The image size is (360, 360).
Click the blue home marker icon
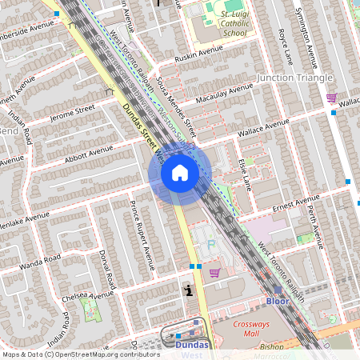pyautogui.click(x=180, y=173)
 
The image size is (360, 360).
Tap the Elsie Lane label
pyautogui.click(x=242, y=173)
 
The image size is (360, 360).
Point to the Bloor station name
pyautogui.click(x=277, y=302)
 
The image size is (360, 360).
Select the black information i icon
pyautogui.click(x=188, y=290)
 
